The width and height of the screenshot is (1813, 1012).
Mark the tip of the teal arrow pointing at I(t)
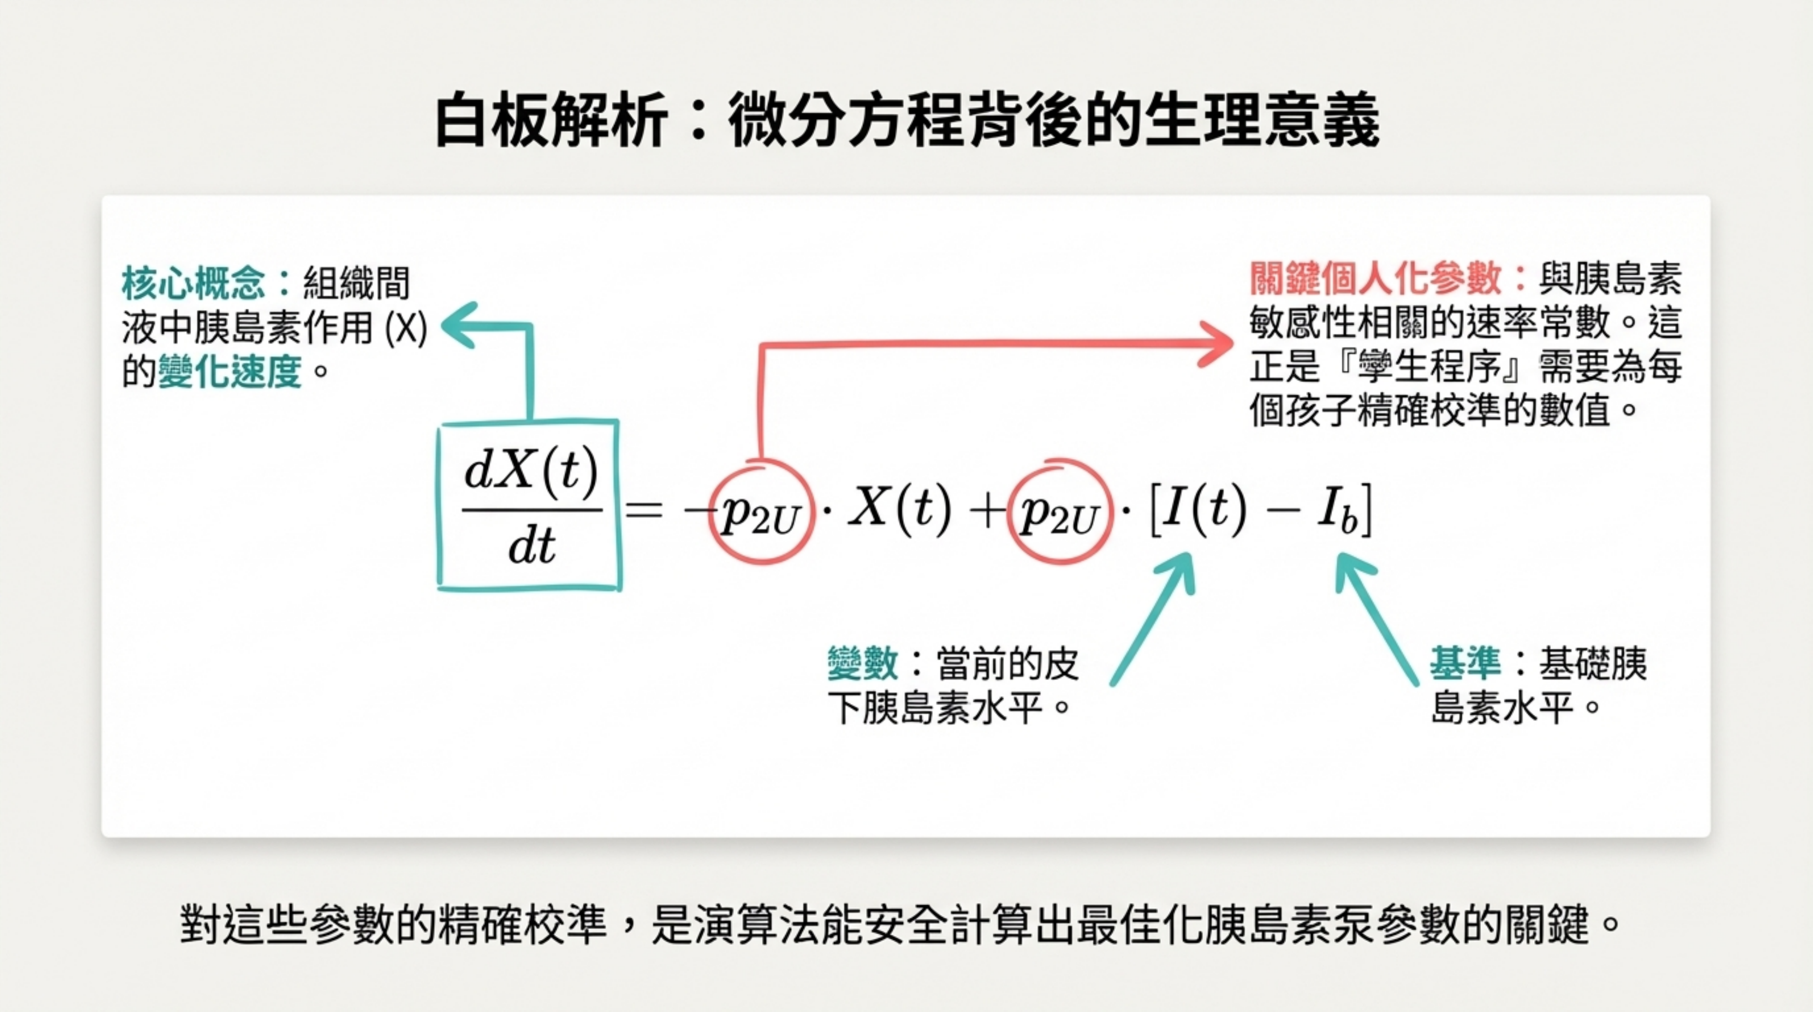[x=1190, y=554]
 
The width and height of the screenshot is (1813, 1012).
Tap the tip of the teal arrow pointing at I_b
[x=1338, y=554]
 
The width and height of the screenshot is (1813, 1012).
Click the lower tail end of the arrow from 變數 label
[x=1113, y=683]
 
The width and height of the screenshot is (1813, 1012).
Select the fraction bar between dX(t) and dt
[x=532, y=509]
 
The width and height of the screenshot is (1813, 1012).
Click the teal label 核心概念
[x=193, y=283]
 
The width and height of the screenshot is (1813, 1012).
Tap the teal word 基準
[x=1464, y=663]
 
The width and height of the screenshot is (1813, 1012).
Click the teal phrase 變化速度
[x=230, y=371]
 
